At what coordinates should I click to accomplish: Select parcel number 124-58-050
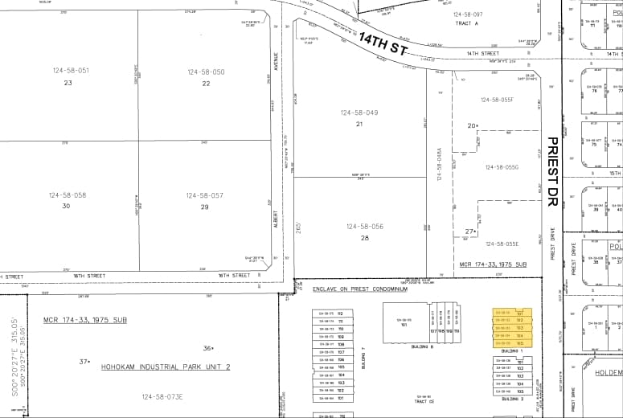click(207, 72)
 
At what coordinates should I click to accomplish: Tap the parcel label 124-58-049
click(359, 113)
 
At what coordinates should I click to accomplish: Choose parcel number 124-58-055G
click(502, 167)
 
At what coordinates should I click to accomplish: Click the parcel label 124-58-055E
click(502, 244)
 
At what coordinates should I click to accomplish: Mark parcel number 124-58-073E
click(162, 396)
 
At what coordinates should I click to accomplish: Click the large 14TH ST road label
click(383, 45)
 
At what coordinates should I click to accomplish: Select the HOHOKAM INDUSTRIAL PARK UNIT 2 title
click(166, 367)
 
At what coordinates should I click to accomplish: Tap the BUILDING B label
click(421, 346)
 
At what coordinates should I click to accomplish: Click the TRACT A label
click(466, 23)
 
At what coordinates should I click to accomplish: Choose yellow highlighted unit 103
click(519, 327)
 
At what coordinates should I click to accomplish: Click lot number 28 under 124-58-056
click(365, 238)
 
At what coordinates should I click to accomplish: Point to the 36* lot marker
click(208, 348)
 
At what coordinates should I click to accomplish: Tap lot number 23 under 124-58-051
click(68, 83)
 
